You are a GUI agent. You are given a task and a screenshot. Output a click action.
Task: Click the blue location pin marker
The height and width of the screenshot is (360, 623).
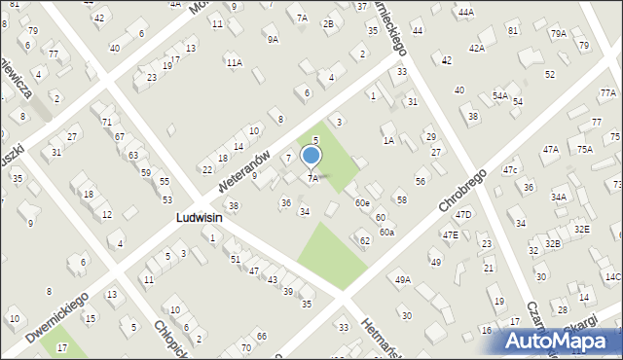pyautogui.click(x=311, y=156)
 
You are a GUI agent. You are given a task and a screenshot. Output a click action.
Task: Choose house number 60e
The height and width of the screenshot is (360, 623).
pyautogui.click(x=362, y=202)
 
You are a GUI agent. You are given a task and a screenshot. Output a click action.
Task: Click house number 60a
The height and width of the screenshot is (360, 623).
pyautogui.click(x=387, y=232)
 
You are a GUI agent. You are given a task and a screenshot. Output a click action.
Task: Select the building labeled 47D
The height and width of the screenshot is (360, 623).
pyautogui.click(x=463, y=214)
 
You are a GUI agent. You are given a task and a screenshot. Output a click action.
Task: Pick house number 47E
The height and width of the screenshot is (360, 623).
pyautogui.click(x=450, y=234)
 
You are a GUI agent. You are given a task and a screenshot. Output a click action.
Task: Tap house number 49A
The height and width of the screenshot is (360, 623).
pyautogui.click(x=401, y=279)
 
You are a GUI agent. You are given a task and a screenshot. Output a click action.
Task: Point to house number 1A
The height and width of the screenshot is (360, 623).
pyautogui.click(x=388, y=141)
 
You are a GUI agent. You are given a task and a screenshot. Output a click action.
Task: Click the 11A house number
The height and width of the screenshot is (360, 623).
pyautogui.click(x=234, y=62)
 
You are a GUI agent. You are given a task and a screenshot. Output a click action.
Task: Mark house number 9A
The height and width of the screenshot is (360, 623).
pyautogui.click(x=273, y=39)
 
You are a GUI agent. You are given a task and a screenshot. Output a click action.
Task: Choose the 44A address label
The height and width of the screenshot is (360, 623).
pyautogui.click(x=466, y=12)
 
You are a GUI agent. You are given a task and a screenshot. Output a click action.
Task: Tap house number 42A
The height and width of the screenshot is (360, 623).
pyautogui.click(x=476, y=48)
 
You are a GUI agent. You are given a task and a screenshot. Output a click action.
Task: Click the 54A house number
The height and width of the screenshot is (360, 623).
pyautogui.click(x=499, y=95)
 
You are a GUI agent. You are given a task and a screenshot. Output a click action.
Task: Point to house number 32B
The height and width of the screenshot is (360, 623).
pyautogui.click(x=553, y=243)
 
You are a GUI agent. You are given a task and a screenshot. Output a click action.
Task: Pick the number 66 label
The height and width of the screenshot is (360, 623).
pyautogui.click(x=262, y=336)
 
